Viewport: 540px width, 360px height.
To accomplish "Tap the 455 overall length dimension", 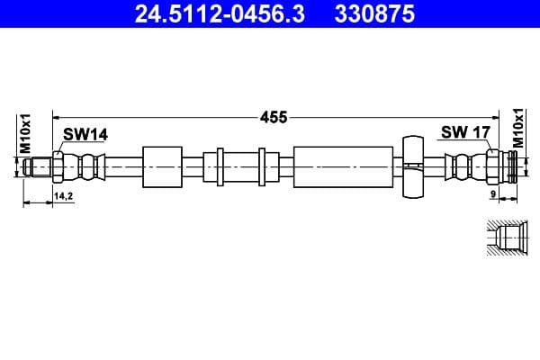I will click(274, 116).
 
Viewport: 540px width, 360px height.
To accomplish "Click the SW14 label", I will click(85, 134).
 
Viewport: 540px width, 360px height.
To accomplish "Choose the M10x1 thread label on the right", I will click(518, 128).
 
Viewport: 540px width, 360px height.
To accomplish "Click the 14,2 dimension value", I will click(64, 195).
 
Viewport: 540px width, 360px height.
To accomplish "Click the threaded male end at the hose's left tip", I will click(38, 167).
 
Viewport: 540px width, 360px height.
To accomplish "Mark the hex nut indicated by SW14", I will click(58, 167).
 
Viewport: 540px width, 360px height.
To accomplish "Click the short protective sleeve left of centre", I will click(162, 167).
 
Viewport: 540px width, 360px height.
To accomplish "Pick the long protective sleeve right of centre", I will click(344, 167).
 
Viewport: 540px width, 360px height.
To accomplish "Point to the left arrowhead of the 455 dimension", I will click(57, 116).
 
